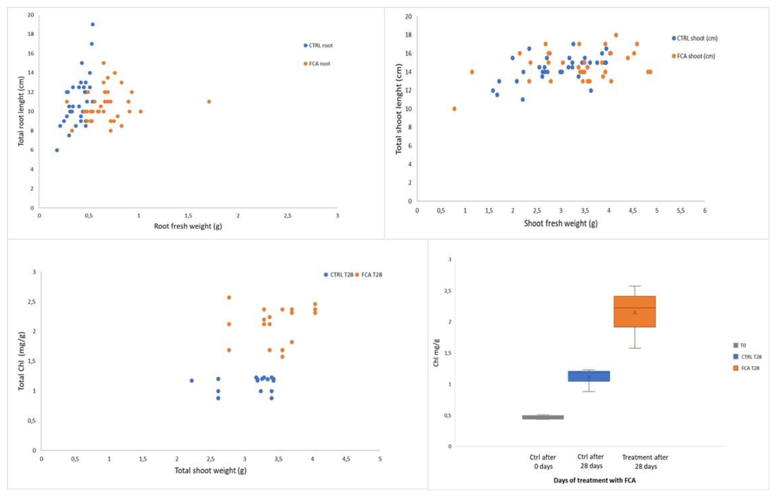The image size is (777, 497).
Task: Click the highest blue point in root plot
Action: click(93, 25)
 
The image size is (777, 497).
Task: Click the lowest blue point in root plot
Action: click(57, 150)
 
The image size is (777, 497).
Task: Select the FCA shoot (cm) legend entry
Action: click(694, 56)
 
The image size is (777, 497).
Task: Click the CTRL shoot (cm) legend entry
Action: click(695, 38)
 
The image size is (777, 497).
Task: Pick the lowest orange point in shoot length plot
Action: click(454, 109)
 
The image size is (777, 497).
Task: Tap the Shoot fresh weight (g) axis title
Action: click(560, 223)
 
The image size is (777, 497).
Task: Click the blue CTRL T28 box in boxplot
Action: click(589, 376)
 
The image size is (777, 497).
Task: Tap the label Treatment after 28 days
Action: click(645, 462)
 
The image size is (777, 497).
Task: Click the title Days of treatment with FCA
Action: click(594, 480)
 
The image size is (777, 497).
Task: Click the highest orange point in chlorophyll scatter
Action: click(229, 297)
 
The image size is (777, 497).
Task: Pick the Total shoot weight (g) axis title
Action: click(210, 471)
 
